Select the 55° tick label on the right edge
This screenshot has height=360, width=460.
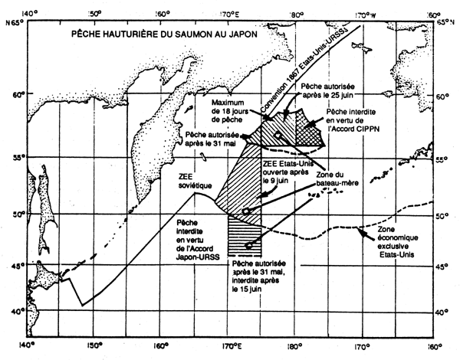tap(445, 159)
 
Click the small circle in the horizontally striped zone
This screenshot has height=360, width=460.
tap(250, 246)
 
